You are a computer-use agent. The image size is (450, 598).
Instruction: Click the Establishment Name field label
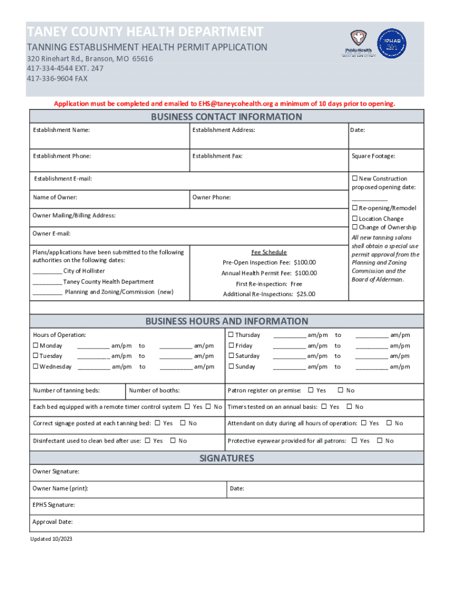pyautogui.click(x=61, y=130)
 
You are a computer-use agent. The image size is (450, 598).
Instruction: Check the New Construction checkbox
pyautogui.click(x=354, y=179)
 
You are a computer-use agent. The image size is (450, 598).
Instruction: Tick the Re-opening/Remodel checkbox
pyautogui.click(x=354, y=208)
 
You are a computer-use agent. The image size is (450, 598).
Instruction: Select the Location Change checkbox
pyautogui.click(x=354, y=218)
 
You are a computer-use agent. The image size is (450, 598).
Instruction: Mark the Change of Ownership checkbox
pyautogui.click(x=354, y=227)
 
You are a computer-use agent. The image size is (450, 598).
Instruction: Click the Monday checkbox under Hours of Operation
pyautogui.click(x=36, y=346)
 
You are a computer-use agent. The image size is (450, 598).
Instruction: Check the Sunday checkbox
pyautogui.click(x=231, y=367)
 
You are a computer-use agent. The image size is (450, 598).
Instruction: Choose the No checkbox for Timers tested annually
pyautogui.click(x=349, y=406)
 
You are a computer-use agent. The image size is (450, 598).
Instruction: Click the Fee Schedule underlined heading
pyautogui.click(x=269, y=252)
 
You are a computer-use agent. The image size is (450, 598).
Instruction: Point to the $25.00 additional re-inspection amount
pyautogui.click(x=306, y=294)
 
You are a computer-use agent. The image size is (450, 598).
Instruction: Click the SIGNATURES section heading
pyautogui.click(x=227, y=458)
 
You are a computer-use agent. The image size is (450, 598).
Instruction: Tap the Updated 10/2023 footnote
pyautogui.click(x=51, y=539)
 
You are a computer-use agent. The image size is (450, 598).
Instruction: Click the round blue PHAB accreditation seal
pyautogui.click(x=392, y=44)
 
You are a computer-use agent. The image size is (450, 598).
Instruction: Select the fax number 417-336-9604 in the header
pyautogui.click(x=57, y=78)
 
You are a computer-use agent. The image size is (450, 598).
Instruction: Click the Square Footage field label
pyautogui.click(x=373, y=156)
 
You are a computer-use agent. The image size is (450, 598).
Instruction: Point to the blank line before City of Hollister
pyautogui.click(x=47, y=272)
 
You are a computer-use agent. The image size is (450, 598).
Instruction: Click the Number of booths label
pyautogui.click(x=154, y=390)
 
